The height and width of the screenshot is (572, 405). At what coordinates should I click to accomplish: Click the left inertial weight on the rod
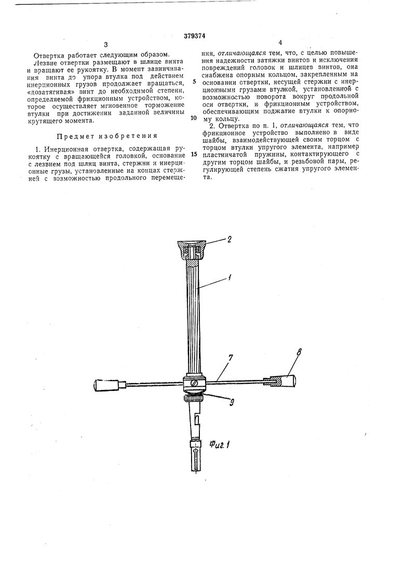pos(106,385)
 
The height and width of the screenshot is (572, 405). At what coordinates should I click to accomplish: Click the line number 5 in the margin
pos(194,82)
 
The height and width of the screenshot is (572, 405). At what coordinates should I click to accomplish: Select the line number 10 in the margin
pos(194,118)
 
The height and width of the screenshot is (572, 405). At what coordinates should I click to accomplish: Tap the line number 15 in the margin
pos(194,154)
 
